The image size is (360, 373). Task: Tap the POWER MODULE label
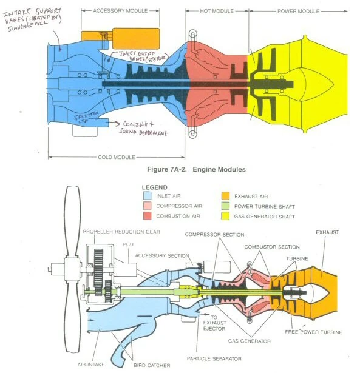pos(298,11)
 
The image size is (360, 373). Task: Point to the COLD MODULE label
pos(116,157)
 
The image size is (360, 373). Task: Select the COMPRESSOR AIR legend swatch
pos(146,207)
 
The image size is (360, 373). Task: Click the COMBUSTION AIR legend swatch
pos(146,216)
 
